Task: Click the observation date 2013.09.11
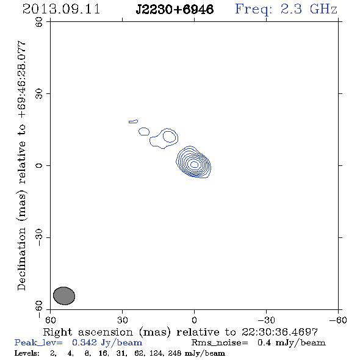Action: tap(61, 9)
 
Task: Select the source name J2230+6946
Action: tap(175, 9)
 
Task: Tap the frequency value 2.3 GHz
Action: tap(309, 9)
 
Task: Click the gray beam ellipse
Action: tap(64, 296)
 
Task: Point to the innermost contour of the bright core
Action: tap(195, 164)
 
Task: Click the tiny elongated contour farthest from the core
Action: tap(133, 121)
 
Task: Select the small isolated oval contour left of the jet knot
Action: tap(144, 132)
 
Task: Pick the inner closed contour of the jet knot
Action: tap(170, 137)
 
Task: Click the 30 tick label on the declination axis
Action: tap(39, 94)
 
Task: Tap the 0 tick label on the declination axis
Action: tap(39, 165)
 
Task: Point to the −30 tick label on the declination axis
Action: tap(39, 237)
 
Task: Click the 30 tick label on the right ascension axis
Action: tap(123, 320)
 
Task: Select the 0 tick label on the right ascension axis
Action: tap(194, 320)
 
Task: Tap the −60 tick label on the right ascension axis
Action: tap(338, 320)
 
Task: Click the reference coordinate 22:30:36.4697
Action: tap(279, 332)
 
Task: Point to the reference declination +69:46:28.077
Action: tap(21, 80)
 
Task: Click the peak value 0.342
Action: tap(84, 342)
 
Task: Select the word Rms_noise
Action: tap(220, 343)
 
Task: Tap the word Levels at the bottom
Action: tap(27, 353)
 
